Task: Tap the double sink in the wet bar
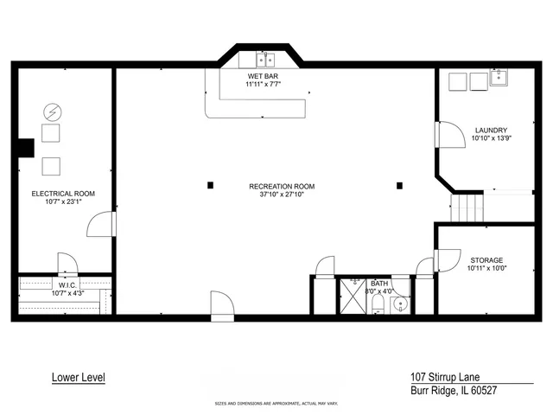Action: point(263,60)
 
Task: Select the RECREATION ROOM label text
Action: point(282,186)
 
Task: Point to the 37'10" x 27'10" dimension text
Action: point(282,195)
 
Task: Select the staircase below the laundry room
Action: point(465,207)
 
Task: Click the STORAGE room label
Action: point(486,259)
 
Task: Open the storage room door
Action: point(425,268)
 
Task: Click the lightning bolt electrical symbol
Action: point(51,112)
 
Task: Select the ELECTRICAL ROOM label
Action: point(63,194)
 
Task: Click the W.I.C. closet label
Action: point(68,284)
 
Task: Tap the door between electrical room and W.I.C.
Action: point(67,263)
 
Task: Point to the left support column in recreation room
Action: point(210,184)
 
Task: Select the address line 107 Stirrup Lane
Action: point(446,377)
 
